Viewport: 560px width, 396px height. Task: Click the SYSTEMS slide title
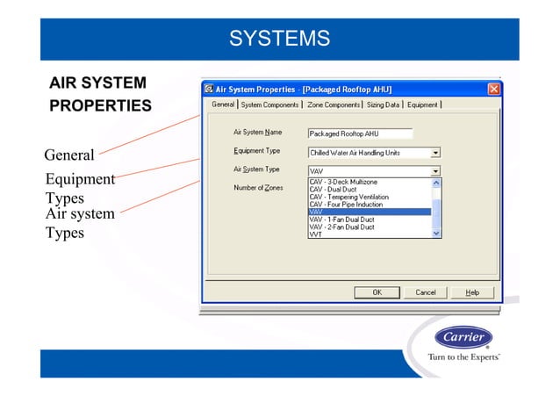pyautogui.click(x=279, y=39)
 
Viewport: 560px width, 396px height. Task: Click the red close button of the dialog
pyautogui.click(x=494, y=89)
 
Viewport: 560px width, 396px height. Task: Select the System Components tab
pyautogui.click(x=269, y=104)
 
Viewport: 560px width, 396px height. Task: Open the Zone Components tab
pyautogui.click(x=334, y=104)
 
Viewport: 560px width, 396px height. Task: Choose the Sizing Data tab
pyautogui.click(x=383, y=104)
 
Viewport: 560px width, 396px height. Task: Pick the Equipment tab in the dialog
pyautogui.click(x=422, y=104)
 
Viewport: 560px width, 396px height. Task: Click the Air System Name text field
pyautogui.click(x=360, y=134)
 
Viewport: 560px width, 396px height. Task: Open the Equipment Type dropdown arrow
pyautogui.click(x=436, y=153)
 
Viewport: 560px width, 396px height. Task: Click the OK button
pyautogui.click(x=377, y=292)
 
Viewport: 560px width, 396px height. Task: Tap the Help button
pyautogui.click(x=472, y=292)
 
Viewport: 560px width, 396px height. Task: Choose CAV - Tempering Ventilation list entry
pyautogui.click(x=347, y=197)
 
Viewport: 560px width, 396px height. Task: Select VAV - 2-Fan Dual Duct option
pyautogui.click(x=342, y=227)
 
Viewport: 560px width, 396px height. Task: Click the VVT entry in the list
pyautogui.click(x=315, y=234)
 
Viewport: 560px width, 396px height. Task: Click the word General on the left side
pyautogui.click(x=69, y=155)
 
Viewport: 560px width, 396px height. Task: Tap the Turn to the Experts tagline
pyautogui.click(x=463, y=358)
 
